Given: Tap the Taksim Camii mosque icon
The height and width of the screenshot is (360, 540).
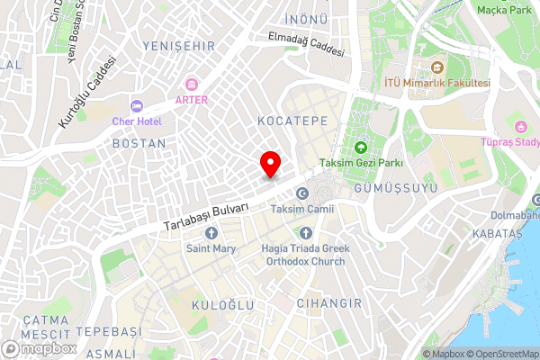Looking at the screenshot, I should (x=302, y=194).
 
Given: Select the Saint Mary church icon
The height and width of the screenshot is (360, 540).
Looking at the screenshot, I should (x=211, y=234).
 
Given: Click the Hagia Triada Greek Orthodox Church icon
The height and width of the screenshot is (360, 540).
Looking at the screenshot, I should (x=303, y=234).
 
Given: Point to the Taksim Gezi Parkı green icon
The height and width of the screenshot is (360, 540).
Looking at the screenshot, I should (x=361, y=148).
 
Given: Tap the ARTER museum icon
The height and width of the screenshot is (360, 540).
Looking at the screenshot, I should (x=191, y=84).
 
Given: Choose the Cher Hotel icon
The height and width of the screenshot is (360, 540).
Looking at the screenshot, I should (x=136, y=105).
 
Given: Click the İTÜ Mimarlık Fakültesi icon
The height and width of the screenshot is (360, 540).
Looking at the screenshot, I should (x=437, y=67).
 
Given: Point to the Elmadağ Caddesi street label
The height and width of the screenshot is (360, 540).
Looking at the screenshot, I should (x=306, y=45).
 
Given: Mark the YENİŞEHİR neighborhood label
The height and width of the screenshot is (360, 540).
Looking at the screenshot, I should (x=174, y=43).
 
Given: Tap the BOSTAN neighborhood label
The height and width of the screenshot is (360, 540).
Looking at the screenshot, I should (x=139, y=143).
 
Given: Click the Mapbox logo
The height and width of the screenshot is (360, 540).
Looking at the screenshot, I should (x=38, y=348).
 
